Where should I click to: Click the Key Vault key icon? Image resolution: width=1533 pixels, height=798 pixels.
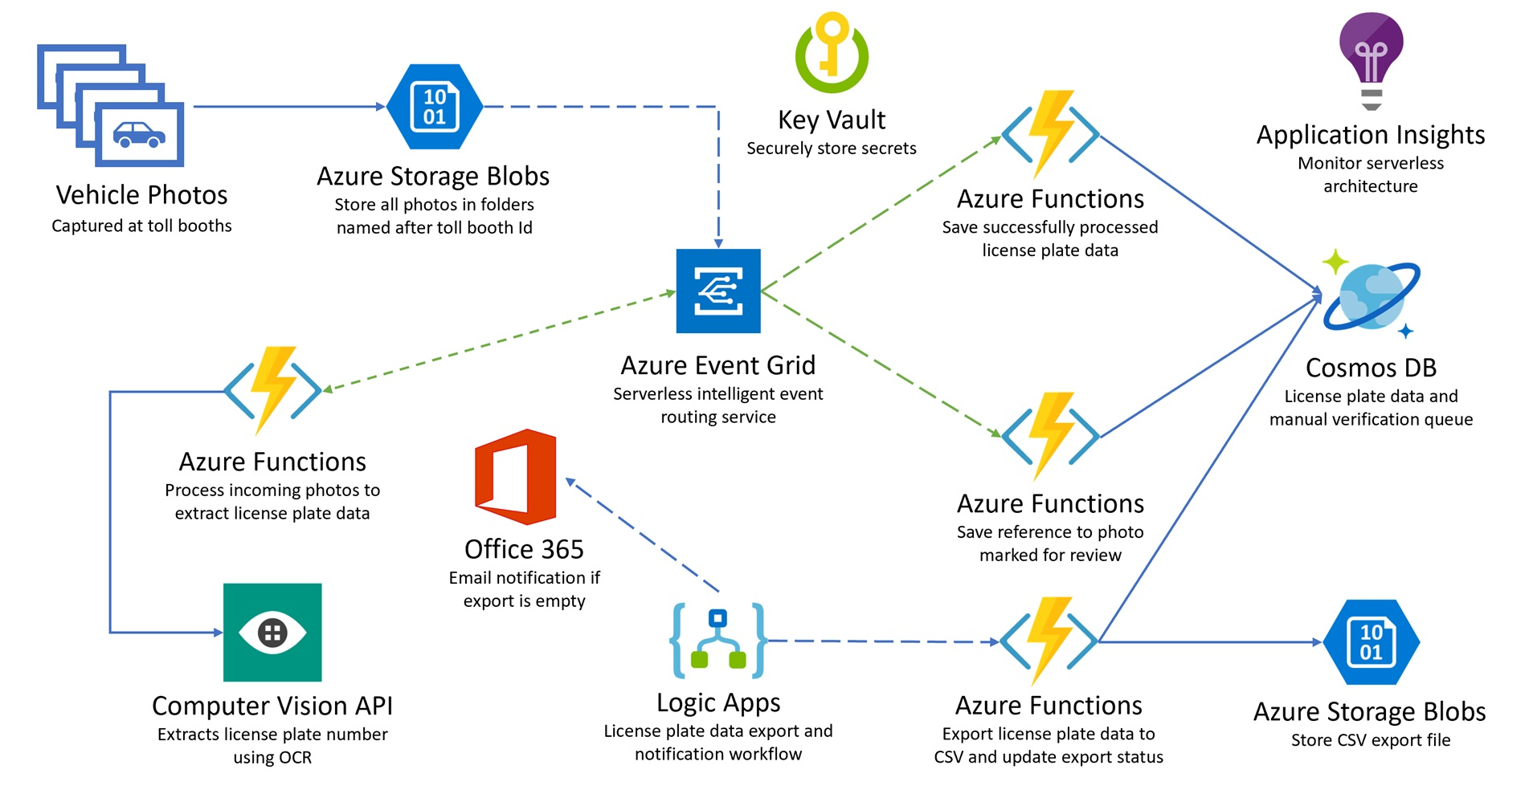[x=832, y=53]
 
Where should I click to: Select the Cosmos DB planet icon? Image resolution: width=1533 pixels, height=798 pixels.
[x=1372, y=295]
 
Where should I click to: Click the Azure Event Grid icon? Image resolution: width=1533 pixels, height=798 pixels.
[x=718, y=291]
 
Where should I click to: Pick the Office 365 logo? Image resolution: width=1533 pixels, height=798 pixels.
[x=516, y=477]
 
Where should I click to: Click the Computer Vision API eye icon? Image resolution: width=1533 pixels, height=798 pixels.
[x=272, y=633]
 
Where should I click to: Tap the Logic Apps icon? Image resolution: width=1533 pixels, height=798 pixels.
[x=718, y=641]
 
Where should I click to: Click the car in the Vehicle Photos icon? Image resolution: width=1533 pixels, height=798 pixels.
[x=139, y=134]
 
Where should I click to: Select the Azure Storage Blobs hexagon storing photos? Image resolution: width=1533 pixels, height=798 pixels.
[x=435, y=107]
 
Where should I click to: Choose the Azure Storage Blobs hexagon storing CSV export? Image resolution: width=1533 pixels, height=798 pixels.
[x=1371, y=642]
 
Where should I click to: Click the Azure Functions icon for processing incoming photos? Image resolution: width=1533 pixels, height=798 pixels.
[x=272, y=390]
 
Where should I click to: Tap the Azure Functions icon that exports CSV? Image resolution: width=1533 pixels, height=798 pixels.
[x=1049, y=641]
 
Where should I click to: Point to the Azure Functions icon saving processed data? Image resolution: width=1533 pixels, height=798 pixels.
[x=1050, y=134]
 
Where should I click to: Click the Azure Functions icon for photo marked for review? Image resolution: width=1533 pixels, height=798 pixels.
[x=1050, y=436]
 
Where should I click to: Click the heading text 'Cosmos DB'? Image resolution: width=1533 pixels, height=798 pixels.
[x=1371, y=368]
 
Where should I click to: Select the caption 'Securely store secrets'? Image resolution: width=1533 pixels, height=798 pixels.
[x=832, y=149]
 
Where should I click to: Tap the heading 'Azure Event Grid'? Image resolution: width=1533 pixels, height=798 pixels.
[x=718, y=365]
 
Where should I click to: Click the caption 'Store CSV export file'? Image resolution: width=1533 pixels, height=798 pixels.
[x=1371, y=740]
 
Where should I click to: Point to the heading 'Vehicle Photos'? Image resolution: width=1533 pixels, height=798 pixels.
[x=141, y=195]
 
